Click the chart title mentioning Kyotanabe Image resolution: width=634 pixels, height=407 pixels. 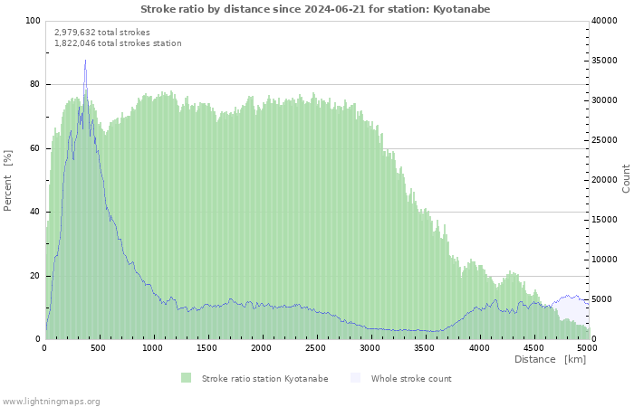coord(316,8)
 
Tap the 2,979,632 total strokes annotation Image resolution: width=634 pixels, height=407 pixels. coord(102,32)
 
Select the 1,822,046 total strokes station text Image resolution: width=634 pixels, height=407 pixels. coord(118,43)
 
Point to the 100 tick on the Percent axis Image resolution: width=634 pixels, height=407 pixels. coord(33,21)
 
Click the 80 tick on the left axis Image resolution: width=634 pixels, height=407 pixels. coord(35,84)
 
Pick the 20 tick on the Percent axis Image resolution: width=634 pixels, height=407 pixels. coord(35,276)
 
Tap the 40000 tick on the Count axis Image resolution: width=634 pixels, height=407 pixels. coord(608,21)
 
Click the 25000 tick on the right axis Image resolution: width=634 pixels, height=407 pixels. coord(608,140)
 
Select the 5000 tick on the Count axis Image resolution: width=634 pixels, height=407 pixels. coord(605,299)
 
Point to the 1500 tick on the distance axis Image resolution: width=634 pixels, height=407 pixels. coord(207,347)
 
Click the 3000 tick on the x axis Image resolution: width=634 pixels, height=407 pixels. coord(370,347)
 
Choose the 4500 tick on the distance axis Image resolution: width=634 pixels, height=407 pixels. coord(533,347)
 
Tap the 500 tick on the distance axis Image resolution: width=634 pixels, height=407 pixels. coord(99,347)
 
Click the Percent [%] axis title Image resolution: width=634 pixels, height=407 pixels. coord(8,180)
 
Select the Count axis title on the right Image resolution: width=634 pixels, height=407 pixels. coord(626,178)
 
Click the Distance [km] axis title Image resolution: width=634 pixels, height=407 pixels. coord(550,360)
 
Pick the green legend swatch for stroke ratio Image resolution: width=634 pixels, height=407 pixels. coord(186,378)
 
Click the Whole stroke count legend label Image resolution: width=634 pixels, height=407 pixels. coord(411,378)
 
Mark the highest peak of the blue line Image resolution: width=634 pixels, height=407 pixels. coord(85,61)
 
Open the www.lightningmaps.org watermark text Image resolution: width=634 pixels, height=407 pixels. coord(51,401)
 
